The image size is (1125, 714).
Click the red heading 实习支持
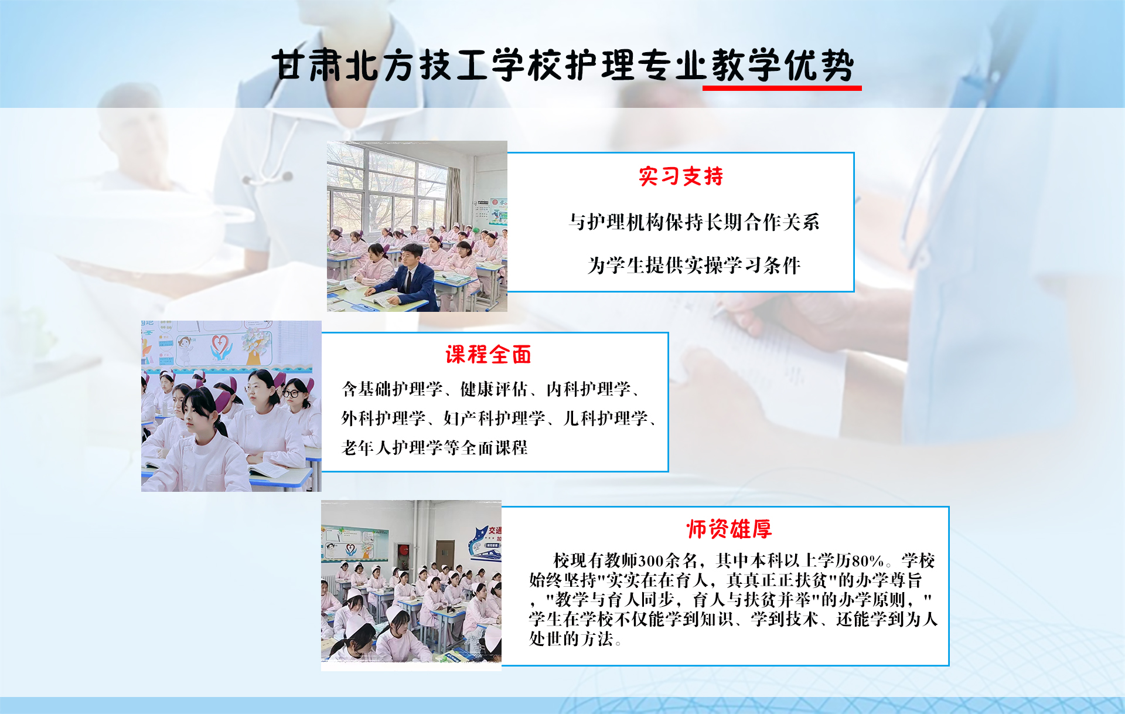[x=681, y=176]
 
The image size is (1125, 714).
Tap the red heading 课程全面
[x=489, y=355]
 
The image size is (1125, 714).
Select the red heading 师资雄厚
[x=729, y=529]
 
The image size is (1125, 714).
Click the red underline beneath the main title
[x=782, y=88]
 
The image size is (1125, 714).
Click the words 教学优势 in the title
[x=783, y=64]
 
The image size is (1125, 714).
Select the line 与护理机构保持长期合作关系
[x=694, y=222]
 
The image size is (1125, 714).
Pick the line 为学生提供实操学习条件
[x=694, y=266]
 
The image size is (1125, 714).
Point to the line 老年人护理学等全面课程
[x=434, y=448]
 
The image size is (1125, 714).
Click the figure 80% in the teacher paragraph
[x=868, y=561]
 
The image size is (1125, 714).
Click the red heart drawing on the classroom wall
[x=221, y=342]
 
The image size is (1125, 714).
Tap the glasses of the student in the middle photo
[x=291, y=393]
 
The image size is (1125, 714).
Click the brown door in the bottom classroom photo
[x=444, y=554]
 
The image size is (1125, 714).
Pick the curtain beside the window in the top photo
[x=453, y=199]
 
